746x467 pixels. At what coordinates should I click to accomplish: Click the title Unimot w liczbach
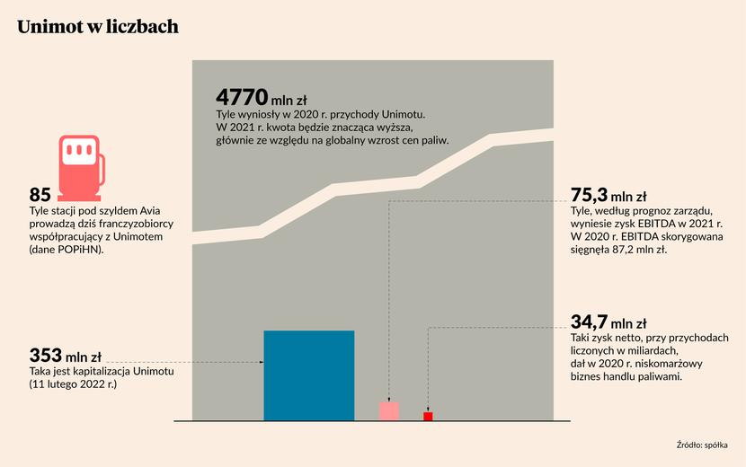[x=98, y=27]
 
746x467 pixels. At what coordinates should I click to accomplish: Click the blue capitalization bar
[x=308, y=375]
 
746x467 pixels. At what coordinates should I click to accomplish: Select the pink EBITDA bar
[x=388, y=410]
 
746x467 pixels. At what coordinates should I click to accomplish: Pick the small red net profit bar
[x=428, y=416]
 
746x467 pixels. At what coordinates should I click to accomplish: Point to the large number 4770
[x=242, y=97]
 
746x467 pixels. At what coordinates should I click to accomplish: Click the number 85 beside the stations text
[x=40, y=195]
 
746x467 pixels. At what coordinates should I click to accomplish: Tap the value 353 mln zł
[x=65, y=355]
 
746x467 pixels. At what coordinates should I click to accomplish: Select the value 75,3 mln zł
[x=608, y=194]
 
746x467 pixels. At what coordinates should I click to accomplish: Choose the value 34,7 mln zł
[x=608, y=322]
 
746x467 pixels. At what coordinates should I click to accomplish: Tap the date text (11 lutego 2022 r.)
[x=74, y=384]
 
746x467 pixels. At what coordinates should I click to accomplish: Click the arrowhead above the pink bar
[x=388, y=398]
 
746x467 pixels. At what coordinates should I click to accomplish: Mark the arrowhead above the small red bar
[x=428, y=409]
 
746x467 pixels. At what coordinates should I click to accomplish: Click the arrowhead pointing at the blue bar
[x=260, y=363]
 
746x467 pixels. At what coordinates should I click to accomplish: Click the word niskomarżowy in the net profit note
[x=687, y=364]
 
